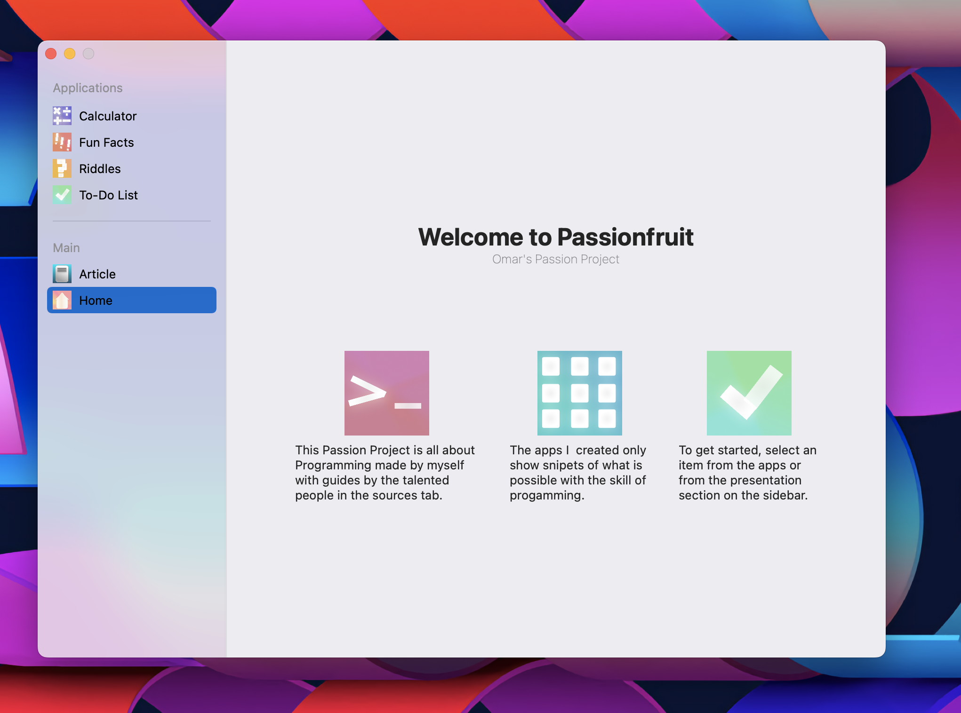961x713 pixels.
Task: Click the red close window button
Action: [51, 54]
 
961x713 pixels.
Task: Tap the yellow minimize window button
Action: [70, 54]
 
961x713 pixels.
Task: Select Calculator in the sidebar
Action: [108, 116]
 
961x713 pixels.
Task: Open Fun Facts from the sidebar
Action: [106, 143]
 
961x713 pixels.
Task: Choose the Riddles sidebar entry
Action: [100, 169]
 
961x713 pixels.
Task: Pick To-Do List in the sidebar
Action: [108, 195]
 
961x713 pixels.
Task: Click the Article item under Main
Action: [97, 274]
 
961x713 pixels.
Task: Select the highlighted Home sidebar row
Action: [132, 300]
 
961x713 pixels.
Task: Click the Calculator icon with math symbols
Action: [62, 116]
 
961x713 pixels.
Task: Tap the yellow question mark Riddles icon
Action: [62, 168]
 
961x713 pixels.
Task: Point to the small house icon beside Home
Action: [62, 300]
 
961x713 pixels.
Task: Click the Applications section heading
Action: [88, 88]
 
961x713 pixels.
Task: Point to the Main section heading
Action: [66, 248]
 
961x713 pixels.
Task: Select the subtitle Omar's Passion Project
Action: [555, 259]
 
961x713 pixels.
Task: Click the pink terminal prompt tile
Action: [387, 393]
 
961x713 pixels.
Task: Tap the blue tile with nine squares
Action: [580, 393]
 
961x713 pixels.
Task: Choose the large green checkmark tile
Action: [749, 393]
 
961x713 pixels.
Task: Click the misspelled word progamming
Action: [546, 496]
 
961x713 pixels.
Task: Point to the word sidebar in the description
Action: [785, 495]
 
